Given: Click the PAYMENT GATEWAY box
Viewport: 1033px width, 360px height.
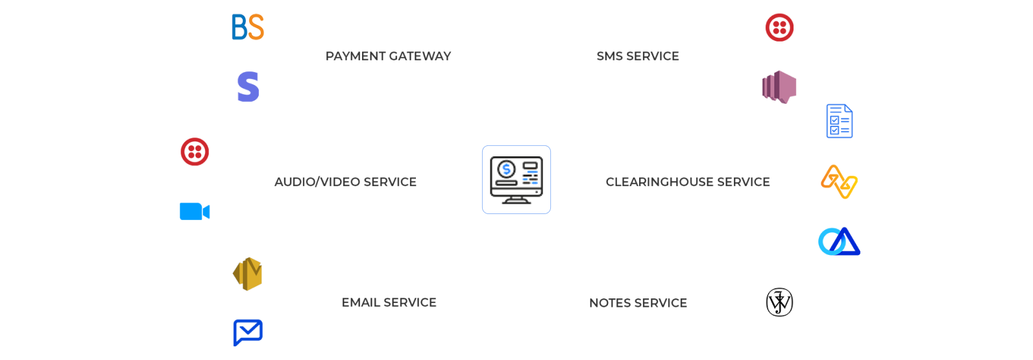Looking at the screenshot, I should point(389,56).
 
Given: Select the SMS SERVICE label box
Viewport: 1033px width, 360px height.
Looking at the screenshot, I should point(638,56).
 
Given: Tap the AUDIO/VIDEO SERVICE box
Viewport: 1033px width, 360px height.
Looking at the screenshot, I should point(345,182).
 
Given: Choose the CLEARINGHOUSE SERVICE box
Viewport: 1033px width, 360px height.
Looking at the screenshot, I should point(688,182).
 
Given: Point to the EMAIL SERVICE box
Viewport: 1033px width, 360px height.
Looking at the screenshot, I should point(389,302).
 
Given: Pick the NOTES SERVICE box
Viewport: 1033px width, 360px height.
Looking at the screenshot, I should point(638,303).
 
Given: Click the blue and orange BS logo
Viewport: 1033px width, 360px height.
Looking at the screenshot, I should point(248,27).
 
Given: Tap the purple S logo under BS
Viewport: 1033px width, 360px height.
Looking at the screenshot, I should point(248,87).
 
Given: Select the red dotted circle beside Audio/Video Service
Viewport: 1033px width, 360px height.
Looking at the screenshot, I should point(195,152).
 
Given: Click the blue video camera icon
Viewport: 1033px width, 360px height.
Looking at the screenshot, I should point(195,211).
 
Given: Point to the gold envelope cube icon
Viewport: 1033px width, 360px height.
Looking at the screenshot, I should point(248,272).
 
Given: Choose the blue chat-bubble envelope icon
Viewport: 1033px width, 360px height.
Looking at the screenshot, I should point(248,333).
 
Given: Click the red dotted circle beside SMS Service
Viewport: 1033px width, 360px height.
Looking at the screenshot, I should point(779,27).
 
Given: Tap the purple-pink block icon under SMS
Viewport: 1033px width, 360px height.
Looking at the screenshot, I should point(779,87).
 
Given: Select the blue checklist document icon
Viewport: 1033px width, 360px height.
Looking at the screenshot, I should point(839,121).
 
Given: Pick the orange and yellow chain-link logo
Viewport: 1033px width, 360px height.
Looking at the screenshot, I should point(839,182).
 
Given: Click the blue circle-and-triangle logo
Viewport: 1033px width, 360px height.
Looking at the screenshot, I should point(839,241).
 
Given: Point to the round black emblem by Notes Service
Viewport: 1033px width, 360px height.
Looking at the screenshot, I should point(779,302).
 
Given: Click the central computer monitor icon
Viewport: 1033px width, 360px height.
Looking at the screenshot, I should point(516,180).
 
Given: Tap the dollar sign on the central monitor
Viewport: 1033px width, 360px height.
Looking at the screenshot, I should point(506,170).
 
